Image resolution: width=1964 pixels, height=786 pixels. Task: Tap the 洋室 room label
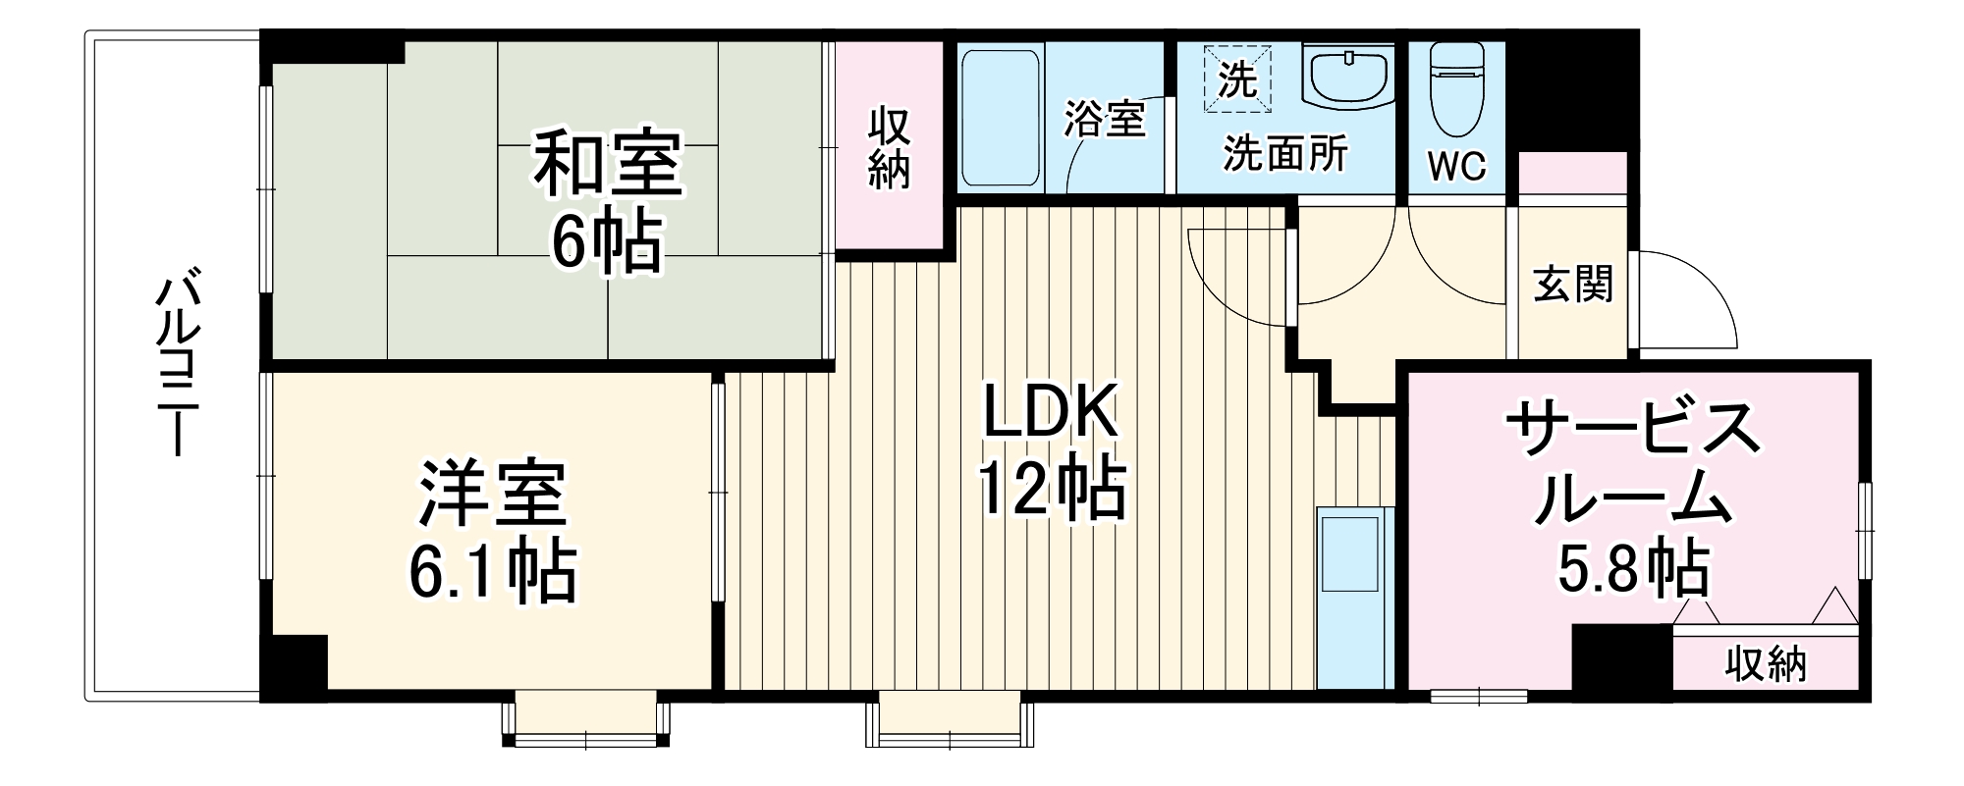pyautogui.click(x=493, y=493)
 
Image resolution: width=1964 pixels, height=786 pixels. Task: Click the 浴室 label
pyautogui.click(x=1106, y=119)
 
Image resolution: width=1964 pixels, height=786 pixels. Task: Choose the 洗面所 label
pyautogui.click(x=1285, y=154)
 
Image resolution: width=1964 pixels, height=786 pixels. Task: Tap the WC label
pyautogui.click(x=1456, y=167)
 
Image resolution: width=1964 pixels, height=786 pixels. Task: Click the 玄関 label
pyautogui.click(x=1573, y=285)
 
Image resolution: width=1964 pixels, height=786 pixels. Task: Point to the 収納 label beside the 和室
pyautogui.click(x=889, y=147)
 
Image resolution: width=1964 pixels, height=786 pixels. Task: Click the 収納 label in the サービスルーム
pyautogui.click(x=1766, y=664)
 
